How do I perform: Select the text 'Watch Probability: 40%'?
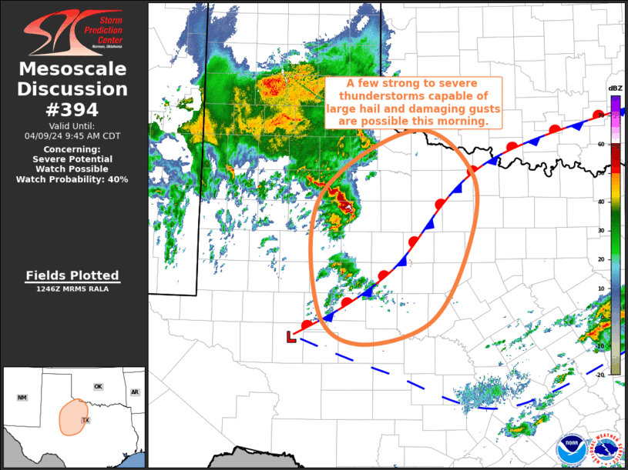click(72, 179)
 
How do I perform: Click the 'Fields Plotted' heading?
click(72, 275)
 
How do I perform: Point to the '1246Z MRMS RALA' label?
click(72, 289)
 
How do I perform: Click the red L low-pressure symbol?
click(291, 336)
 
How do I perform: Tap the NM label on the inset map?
click(22, 398)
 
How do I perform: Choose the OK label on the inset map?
click(98, 386)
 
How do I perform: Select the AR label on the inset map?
click(135, 392)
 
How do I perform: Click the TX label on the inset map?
click(85, 422)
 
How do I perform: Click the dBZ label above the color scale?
click(616, 88)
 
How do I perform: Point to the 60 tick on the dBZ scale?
click(599, 144)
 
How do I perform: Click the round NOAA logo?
click(571, 448)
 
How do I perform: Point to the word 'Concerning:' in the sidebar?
click(72, 148)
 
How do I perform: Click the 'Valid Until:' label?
click(72, 125)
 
